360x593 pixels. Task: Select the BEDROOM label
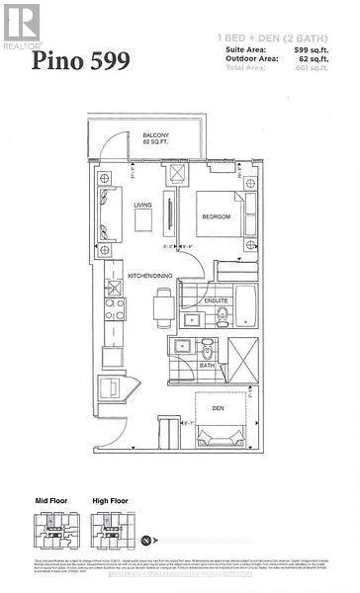click(x=217, y=216)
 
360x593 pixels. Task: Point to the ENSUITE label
click(x=217, y=299)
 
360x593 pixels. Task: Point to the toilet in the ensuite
click(x=222, y=316)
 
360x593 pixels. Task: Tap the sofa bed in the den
click(x=231, y=440)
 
